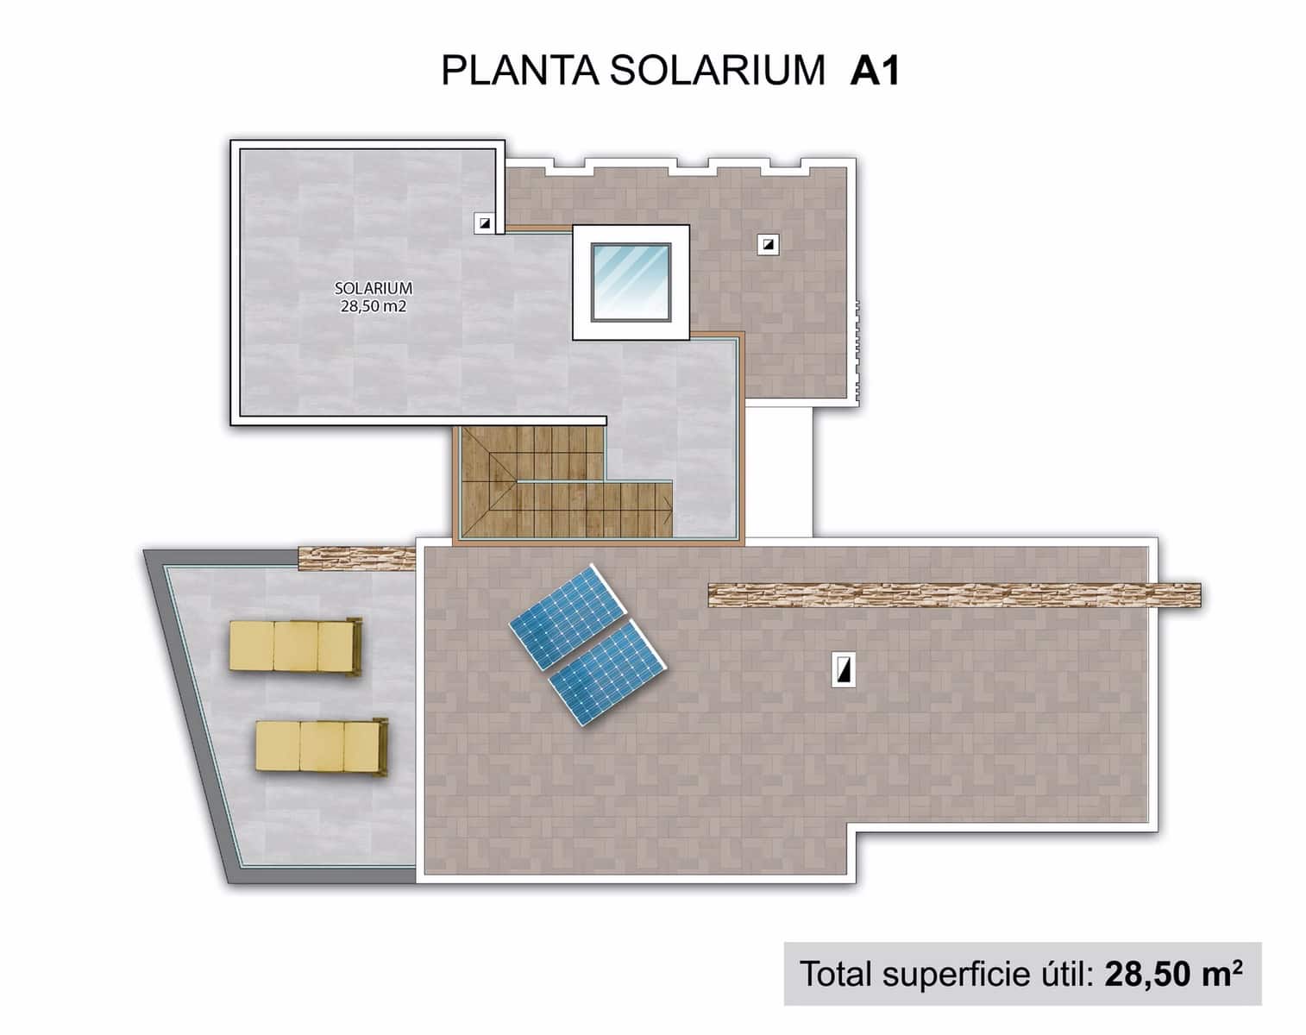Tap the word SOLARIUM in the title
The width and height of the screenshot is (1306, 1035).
(x=718, y=71)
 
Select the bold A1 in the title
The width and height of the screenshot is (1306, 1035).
(x=875, y=71)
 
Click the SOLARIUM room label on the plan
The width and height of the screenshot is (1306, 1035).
(x=373, y=289)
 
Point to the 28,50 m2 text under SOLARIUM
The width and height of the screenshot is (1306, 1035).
(x=373, y=305)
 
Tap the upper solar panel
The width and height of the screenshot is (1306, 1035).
(x=568, y=615)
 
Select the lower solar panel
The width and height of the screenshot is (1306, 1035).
(x=607, y=672)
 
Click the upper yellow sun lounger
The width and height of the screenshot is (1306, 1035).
(x=294, y=646)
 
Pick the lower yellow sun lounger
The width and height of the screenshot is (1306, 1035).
(x=322, y=746)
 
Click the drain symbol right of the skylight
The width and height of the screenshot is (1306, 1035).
(x=768, y=244)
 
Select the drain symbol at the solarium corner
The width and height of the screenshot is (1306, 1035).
(x=486, y=223)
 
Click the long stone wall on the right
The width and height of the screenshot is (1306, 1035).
(x=953, y=595)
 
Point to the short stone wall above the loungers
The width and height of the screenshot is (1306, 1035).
(x=356, y=557)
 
